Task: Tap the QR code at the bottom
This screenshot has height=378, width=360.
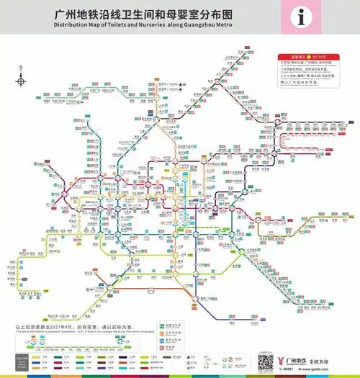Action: [264, 361]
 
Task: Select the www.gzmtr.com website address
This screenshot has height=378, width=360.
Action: [310, 369]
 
